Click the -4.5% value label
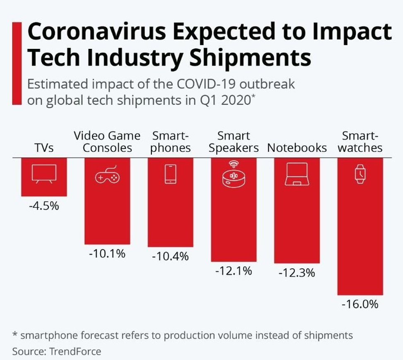44,205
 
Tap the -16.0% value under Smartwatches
360,305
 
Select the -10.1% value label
107,253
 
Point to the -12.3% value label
296,273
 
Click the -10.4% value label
170,256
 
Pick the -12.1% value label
233,271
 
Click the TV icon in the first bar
44,175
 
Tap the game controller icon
107,176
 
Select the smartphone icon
170,174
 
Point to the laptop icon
296,175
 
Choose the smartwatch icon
360,174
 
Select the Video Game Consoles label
107,142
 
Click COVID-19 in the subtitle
197,84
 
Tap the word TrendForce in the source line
75,352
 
